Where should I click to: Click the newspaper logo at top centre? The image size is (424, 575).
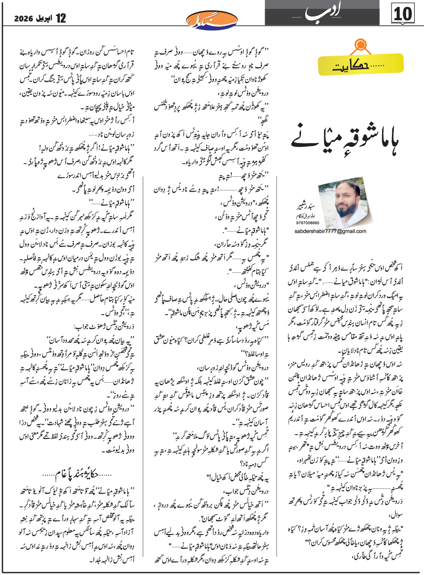[x=212, y=20]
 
